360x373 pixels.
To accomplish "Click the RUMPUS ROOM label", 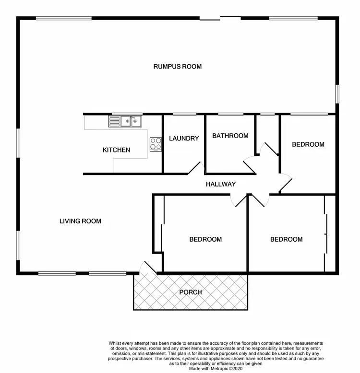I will coord(177,67).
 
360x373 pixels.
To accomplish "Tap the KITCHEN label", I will coord(116,150).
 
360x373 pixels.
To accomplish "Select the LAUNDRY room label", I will coord(184,139).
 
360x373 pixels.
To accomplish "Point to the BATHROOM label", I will coord(230,136).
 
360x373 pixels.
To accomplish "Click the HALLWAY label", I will coord(220,184).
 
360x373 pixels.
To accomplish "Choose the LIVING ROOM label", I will coord(80,221).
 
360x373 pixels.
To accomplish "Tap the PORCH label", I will coord(191,292).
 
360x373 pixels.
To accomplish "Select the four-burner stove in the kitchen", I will coord(156,144).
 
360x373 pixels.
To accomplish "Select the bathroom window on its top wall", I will coord(230,115).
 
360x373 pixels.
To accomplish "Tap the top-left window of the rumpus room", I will coord(64,18).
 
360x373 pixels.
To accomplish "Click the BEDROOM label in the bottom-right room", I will coord(286,239).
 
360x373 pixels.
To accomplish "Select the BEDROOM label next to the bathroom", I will coord(308,144).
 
